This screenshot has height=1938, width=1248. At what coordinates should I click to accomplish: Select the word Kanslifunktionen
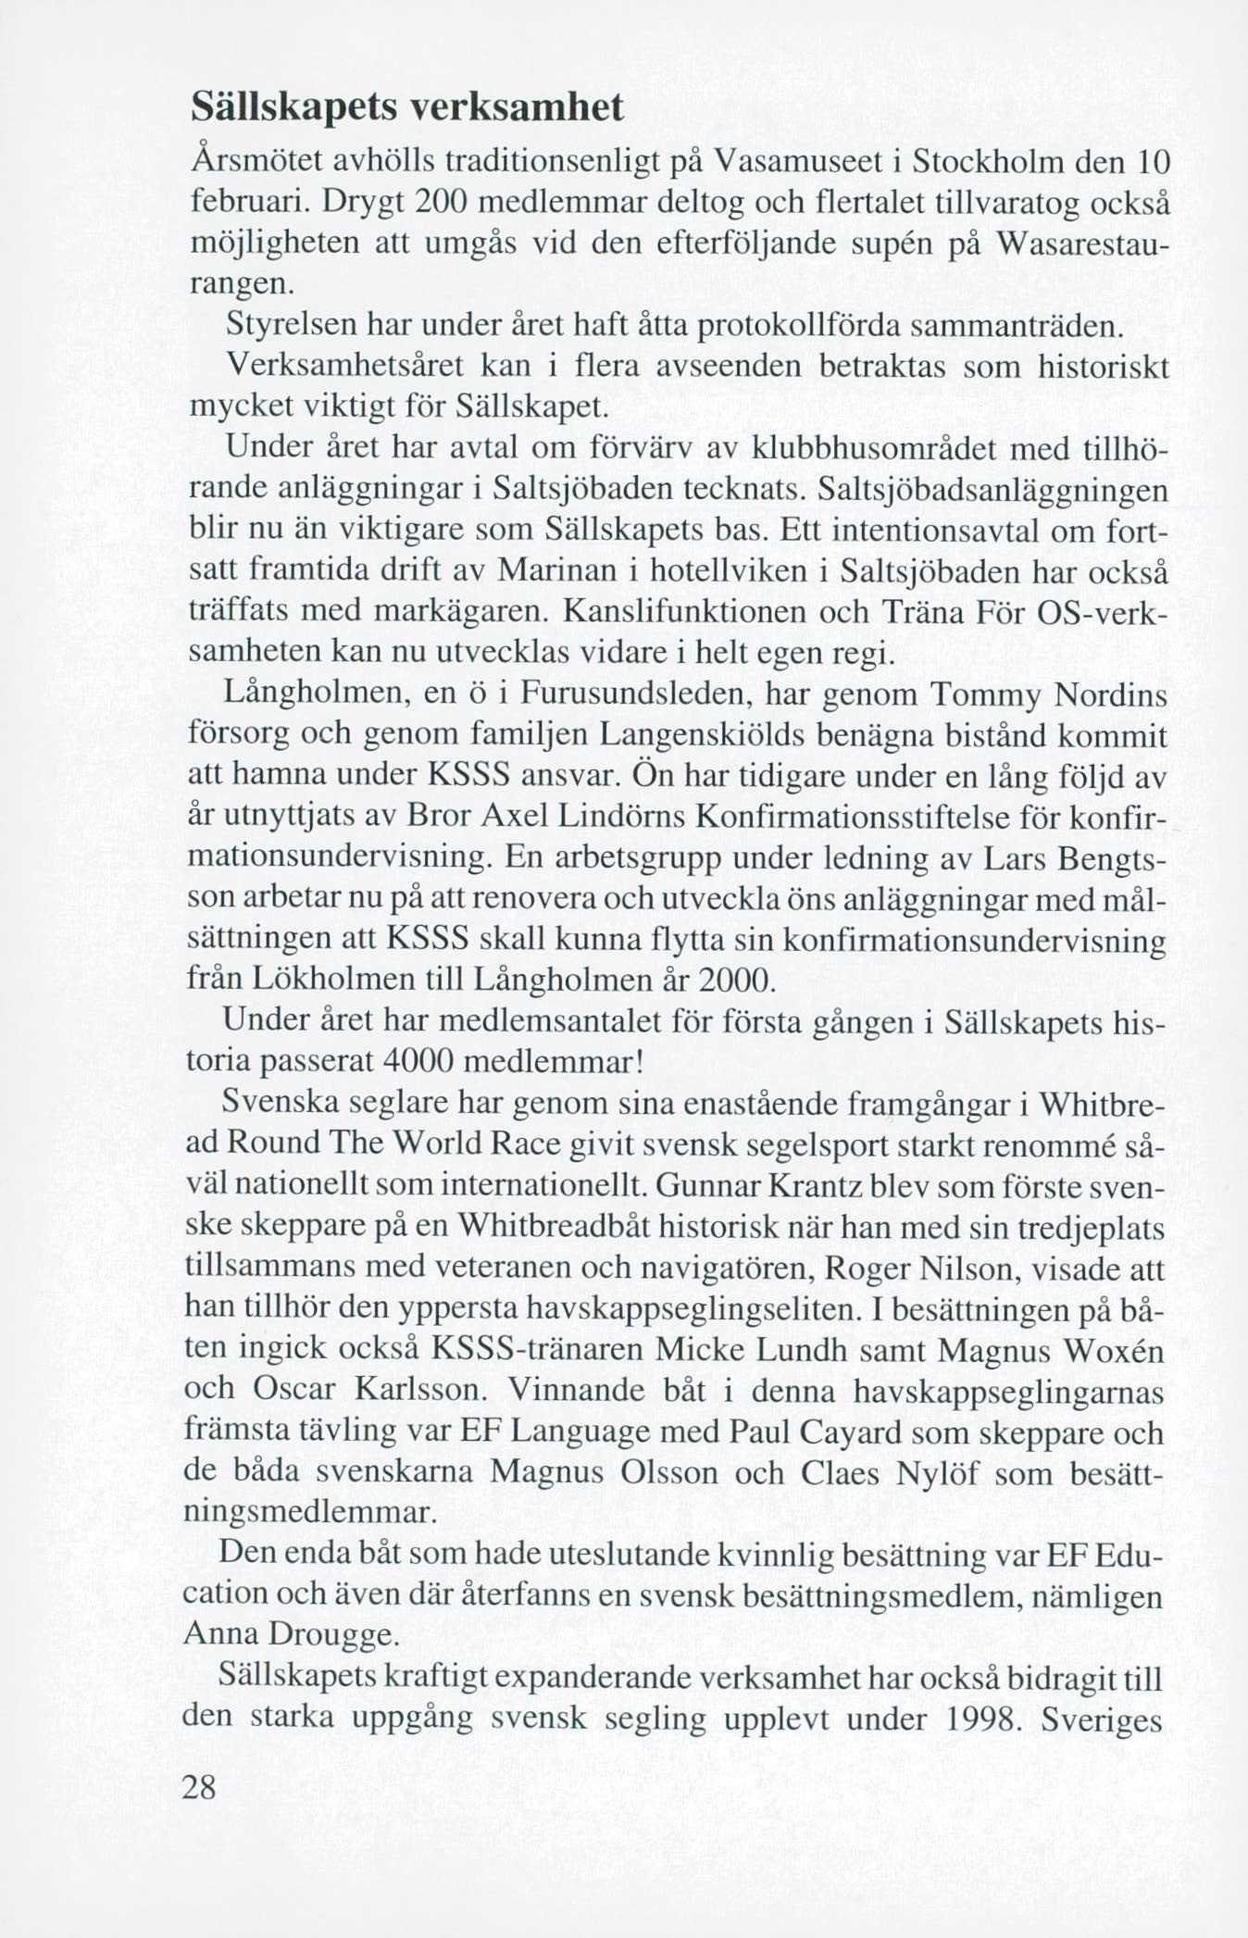697,612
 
